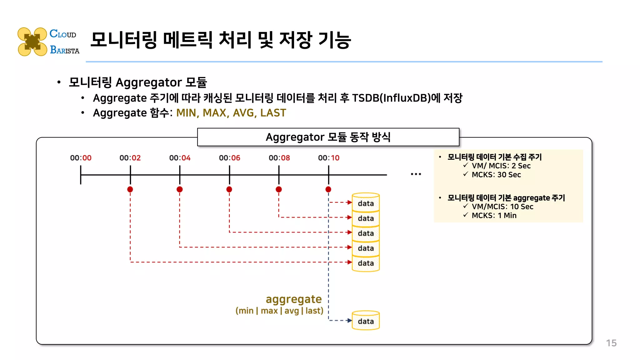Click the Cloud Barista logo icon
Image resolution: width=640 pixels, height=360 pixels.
(x=32, y=42)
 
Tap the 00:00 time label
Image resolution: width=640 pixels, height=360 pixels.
(x=81, y=158)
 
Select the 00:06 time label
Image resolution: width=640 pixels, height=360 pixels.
(x=229, y=158)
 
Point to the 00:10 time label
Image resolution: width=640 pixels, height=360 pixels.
(x=328, y=158)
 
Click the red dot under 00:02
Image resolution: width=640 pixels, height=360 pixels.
(x=130, y=189)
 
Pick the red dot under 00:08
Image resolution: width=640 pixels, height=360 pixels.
(x=279, y=189)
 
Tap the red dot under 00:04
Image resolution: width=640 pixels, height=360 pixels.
(x=179, y=189)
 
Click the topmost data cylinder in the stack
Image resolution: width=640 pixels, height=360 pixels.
(x=366, y=203)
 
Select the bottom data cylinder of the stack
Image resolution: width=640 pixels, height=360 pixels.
(x=366, y=263)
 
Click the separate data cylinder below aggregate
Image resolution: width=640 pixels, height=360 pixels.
(x=366, y=321)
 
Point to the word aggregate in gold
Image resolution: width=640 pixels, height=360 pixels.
(x=293, y=299)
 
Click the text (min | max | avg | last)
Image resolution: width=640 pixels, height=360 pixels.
(x=279, y=311)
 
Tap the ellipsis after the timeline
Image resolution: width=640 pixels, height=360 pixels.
(x=416, y=174)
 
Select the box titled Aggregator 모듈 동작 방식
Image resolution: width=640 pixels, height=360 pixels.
(x=328, y=137)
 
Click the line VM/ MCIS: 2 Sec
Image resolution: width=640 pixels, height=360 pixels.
(x=501, y=166)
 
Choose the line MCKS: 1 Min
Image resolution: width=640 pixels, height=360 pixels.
(x=494, y=215)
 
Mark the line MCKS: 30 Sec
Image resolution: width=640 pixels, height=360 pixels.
(x=496, y=175)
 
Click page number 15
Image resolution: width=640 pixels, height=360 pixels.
(x=611, y=343)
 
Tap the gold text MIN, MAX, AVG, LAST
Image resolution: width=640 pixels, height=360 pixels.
(x=231, y=112)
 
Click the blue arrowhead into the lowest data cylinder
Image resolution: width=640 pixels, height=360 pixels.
(x=350, y=320)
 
